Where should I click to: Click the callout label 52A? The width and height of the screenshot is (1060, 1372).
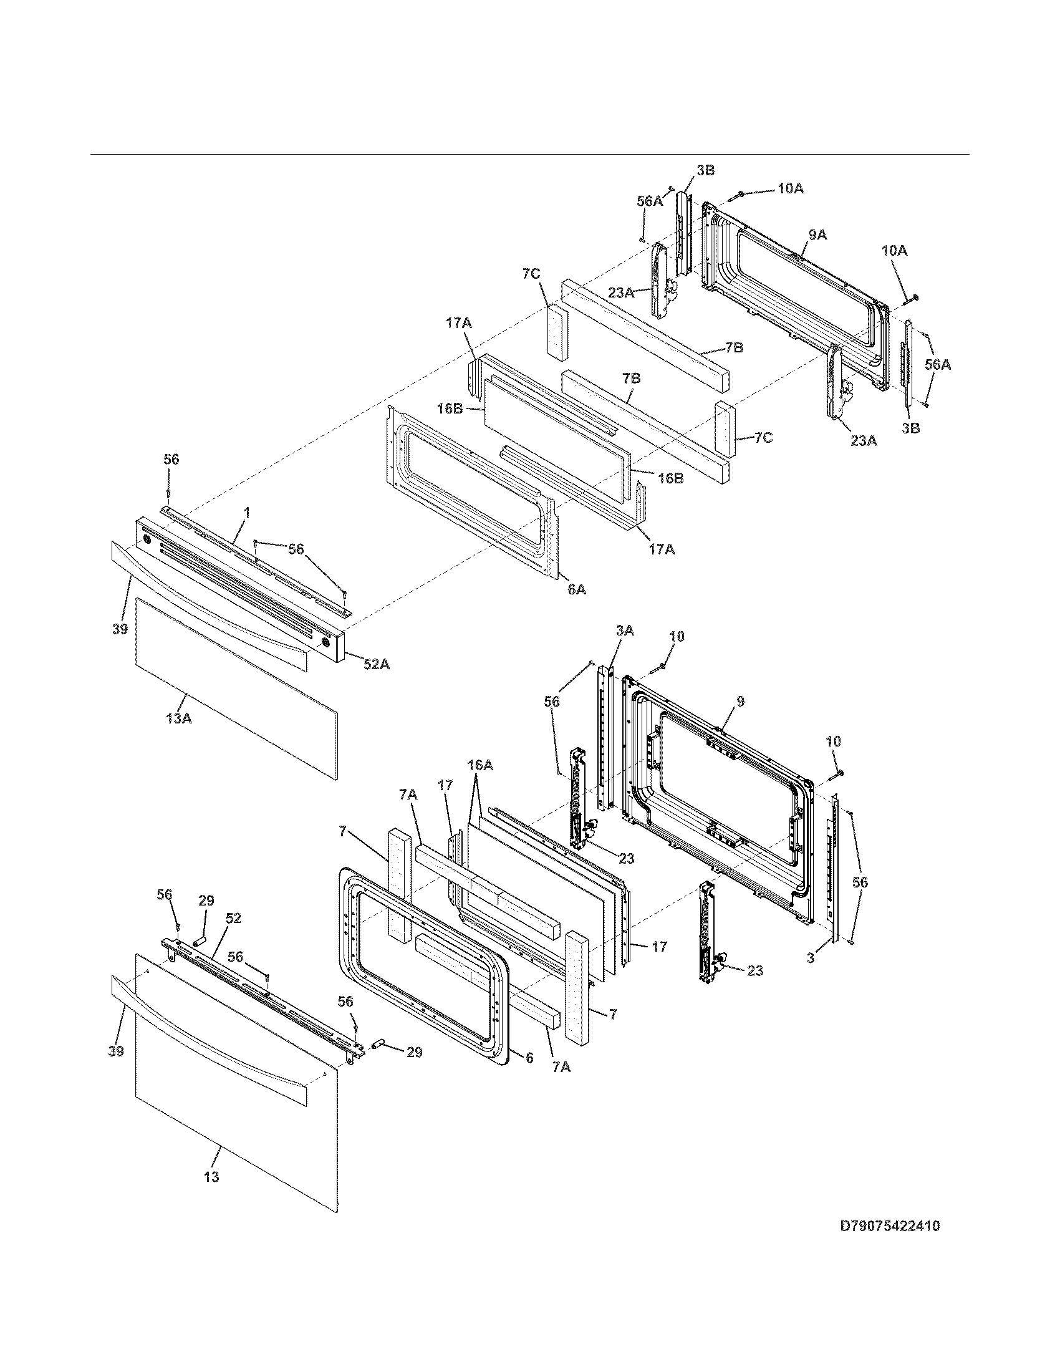pos(376,664)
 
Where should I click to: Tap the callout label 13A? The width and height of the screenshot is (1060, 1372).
pos(178,718)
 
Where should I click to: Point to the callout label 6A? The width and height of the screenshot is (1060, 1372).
pos(577,589)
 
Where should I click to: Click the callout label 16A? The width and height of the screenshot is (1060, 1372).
pos(479,765)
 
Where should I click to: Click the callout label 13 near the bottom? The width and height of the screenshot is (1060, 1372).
pos(211,1177)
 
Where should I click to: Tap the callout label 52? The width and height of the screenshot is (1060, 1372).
pos(233,918)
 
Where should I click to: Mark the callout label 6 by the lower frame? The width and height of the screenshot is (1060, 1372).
pos(529,1058)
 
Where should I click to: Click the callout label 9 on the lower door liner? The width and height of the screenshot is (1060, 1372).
pos(740,701)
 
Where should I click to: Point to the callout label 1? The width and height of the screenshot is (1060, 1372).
pos(247,513)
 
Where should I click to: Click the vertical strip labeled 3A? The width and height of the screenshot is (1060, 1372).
pos(603,742)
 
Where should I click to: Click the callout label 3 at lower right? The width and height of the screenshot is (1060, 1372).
pos(811,959)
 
